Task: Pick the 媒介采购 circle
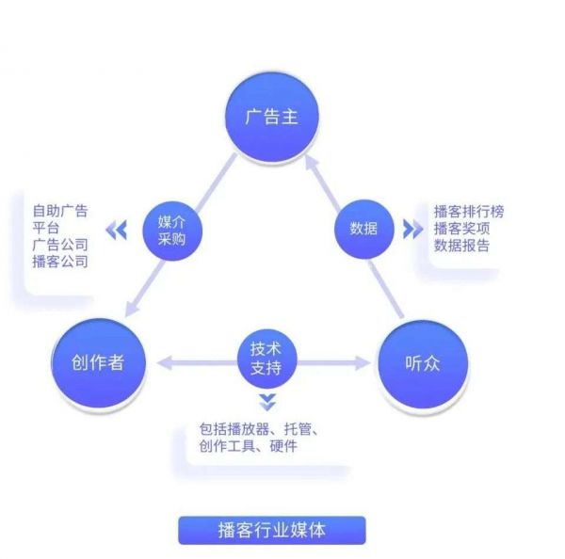172,229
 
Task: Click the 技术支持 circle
266,357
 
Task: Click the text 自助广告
60,211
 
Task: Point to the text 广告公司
60,245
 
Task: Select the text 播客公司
60,262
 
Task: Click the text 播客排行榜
468,212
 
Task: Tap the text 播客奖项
461,229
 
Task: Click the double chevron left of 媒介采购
116,230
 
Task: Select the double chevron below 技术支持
266,403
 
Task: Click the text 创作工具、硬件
249,446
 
